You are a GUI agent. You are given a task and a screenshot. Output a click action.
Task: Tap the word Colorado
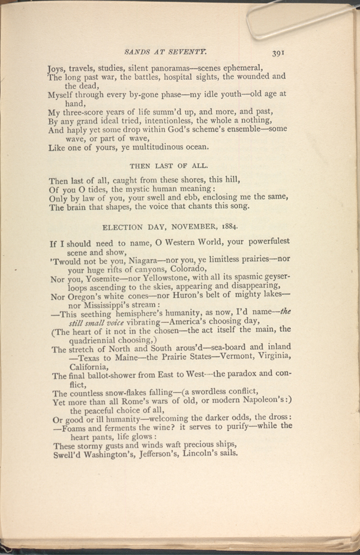184,269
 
